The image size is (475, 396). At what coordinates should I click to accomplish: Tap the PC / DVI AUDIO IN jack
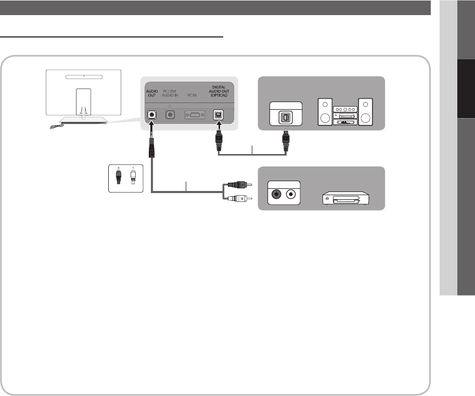pyautogui.click(x=169, y=114)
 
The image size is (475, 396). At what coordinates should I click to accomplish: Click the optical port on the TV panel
pyautogui.click(x=220, y=114)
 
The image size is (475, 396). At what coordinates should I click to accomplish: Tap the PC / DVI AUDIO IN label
pyautogui.click(x=170, y=94)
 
